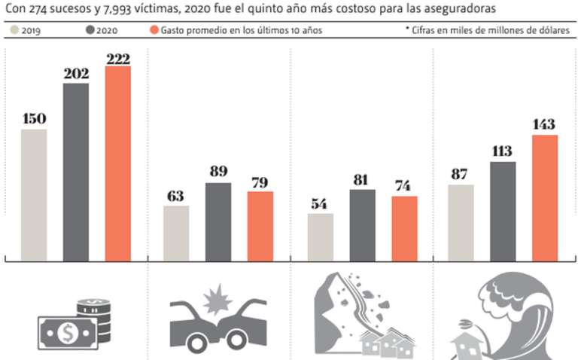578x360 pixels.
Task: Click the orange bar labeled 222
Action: (x=117, y=164)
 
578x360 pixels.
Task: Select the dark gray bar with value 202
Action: (x=75, y=172)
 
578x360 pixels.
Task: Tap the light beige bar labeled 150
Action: (x=34, y=195)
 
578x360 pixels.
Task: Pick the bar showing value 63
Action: (x=176, y=233)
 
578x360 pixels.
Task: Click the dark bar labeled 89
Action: (x=218, y=221)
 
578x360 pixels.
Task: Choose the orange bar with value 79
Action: (x=260, y=226)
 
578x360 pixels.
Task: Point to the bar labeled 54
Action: (x=320, y=237)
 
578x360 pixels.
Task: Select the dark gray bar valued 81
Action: (x=362, y=225)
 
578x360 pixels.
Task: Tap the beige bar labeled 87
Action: (x=461, y=223)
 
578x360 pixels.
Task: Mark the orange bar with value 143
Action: (x=545, y=198)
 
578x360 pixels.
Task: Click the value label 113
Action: (x=503, y=151)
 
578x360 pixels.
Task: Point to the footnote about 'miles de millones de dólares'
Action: (x=488, y=31)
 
